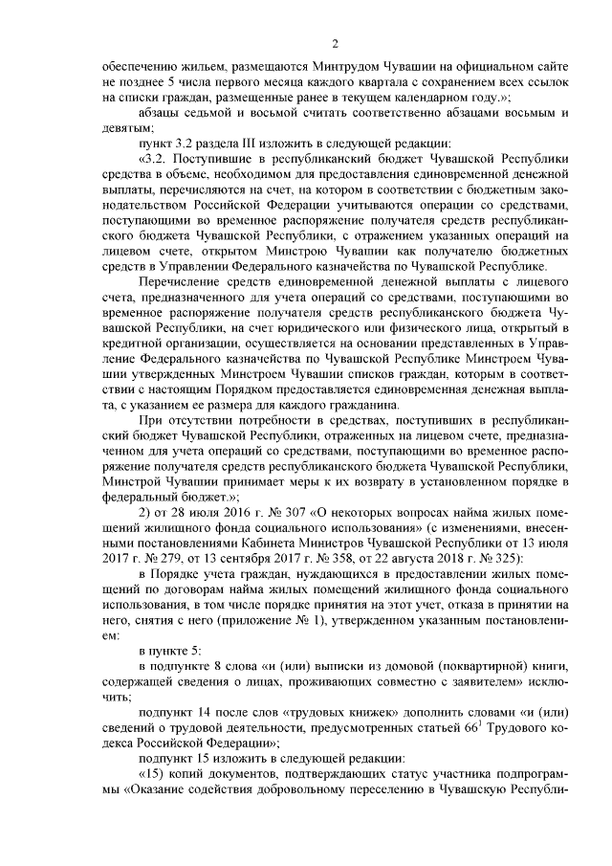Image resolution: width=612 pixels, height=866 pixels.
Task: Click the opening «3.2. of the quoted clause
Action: [158, 157]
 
